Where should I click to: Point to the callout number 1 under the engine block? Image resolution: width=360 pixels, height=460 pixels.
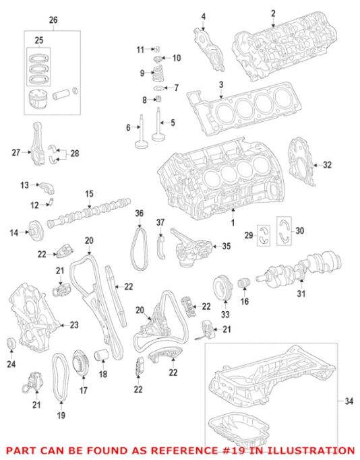pyautogui.click(x=234, y=222)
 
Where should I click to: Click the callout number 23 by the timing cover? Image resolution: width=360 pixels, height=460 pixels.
pyautogui.click(x=73, y=325)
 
